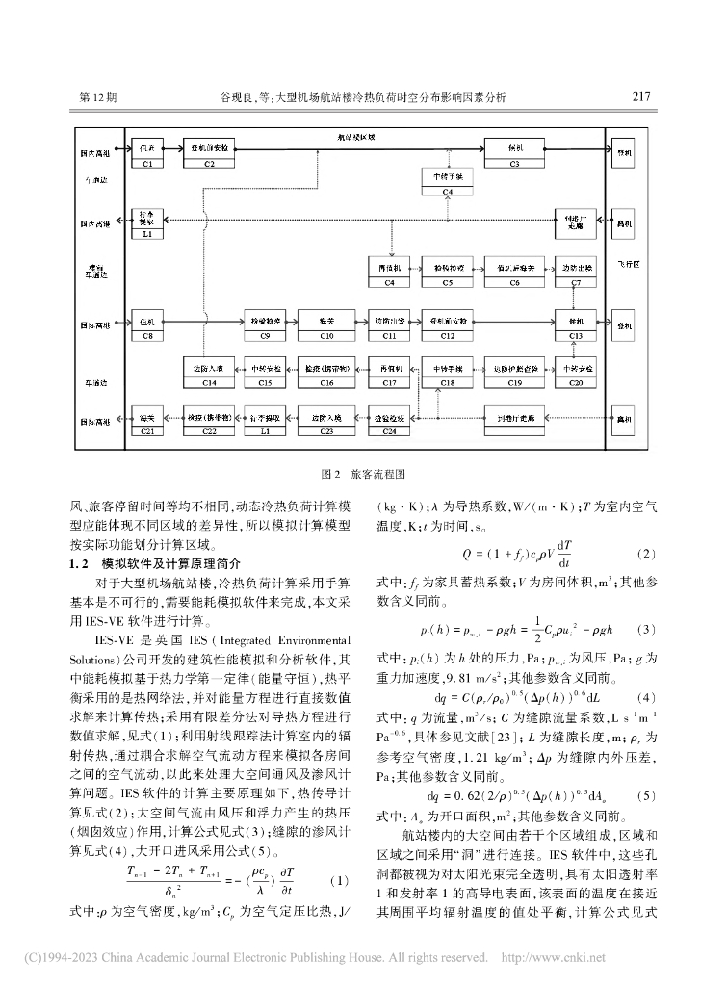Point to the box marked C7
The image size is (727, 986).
coord(576,270)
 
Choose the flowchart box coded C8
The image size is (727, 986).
coord(147,324)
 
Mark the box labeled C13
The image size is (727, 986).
coord(576,324)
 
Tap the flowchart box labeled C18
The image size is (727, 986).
coord(449,374)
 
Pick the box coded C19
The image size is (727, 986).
coord(514,374)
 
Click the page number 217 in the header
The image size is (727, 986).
coord(641,97)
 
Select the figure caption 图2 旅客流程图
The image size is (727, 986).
coord(362,475)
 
